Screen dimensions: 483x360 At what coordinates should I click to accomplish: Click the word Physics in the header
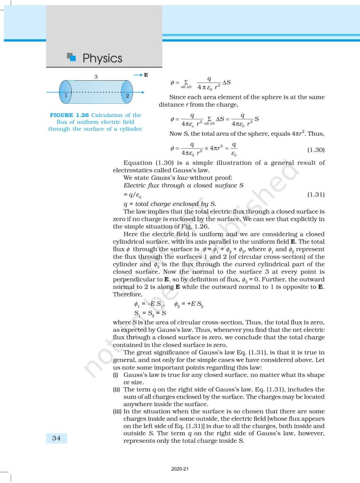[102, 58]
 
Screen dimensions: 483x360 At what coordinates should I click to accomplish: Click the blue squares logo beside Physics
[72, 57]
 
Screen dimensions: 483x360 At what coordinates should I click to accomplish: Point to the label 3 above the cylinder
[96, 76]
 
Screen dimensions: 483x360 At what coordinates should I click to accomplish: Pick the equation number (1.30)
[316, 150]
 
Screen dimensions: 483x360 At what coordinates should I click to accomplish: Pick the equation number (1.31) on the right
[316, 194]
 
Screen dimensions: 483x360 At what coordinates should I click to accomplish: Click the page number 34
[57, 438]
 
